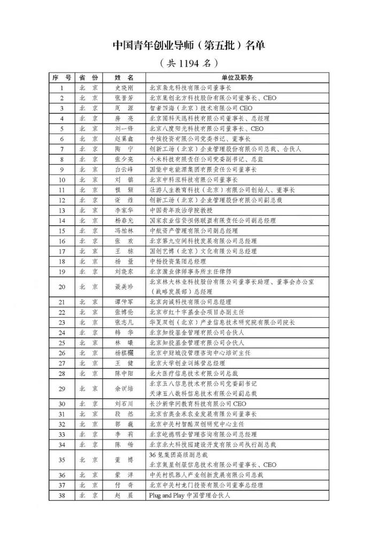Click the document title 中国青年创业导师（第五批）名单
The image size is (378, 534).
[189, 45]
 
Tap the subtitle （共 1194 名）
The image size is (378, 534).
[189, 63]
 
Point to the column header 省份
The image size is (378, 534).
[88, 78]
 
